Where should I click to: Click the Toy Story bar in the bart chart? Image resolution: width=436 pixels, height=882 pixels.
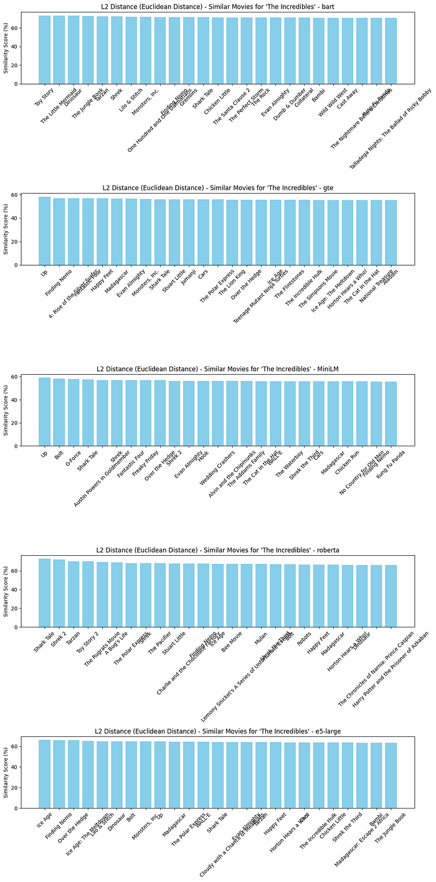(44, 50)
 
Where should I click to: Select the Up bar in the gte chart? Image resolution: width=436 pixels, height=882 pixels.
(44, 231)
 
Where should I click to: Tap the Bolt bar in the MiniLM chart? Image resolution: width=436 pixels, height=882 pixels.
(59, 412)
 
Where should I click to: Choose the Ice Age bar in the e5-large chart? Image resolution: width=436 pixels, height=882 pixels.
(44, 774)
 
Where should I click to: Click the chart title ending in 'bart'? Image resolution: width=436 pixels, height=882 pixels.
(217, 7)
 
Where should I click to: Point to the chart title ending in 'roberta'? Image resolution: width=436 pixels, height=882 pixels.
(217, 550)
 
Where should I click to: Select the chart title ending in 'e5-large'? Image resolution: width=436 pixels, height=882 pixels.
(217, 731)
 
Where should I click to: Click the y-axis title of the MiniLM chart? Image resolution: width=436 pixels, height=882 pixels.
(6, 410)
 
